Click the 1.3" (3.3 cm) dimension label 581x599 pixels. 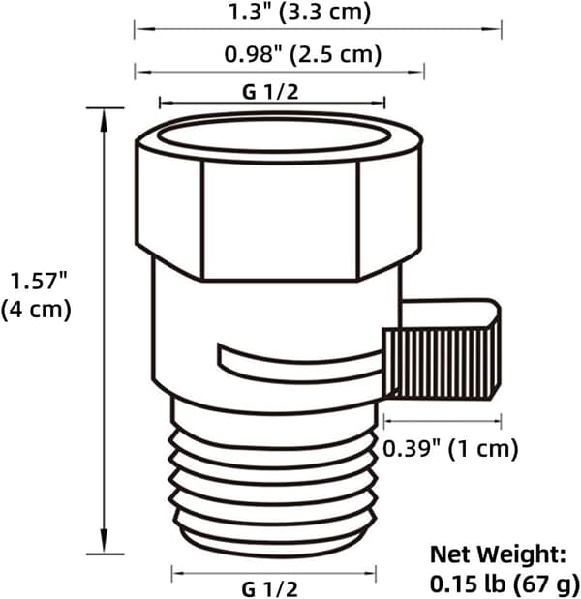[x=299, y=12]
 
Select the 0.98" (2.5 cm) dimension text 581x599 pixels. [x=303, y=54]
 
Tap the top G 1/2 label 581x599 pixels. [x=270, y=92]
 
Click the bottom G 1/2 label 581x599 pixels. [x=269, y=588]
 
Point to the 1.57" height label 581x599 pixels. [x=39, y=281]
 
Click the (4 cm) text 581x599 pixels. [x=37, y=309]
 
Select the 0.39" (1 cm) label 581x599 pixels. [x=450, y=448]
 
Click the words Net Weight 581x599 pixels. [x=498, y=554]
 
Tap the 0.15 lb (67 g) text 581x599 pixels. [x=505, y=584]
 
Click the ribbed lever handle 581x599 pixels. [x=441, y=363]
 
